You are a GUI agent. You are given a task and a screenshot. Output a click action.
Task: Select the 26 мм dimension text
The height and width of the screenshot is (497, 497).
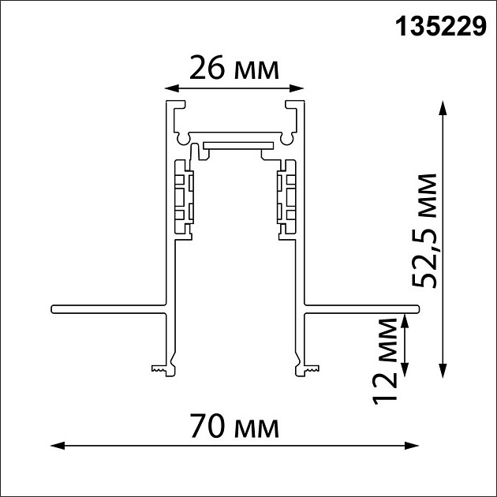(234, 69)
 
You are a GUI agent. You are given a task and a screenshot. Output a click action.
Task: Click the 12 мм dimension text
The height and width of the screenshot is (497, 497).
(386, 360)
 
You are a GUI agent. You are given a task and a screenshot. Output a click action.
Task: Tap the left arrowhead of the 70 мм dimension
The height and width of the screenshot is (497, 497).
(57, 447)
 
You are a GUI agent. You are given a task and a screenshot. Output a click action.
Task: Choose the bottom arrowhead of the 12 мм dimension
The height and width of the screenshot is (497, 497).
(405, 370)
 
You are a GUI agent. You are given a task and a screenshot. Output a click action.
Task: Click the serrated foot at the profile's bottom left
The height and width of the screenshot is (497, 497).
(159, 368)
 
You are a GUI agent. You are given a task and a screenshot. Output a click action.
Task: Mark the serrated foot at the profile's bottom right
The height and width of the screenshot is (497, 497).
(308, 368)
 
